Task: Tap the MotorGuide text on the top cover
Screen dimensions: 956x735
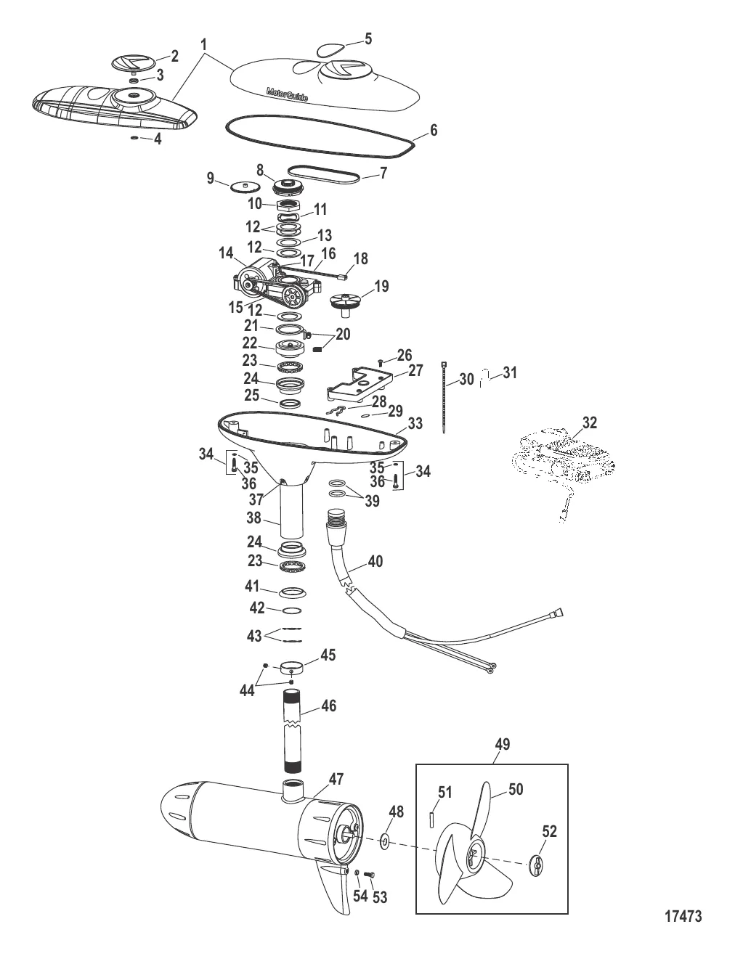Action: pyautogui.click(x=287, y=94)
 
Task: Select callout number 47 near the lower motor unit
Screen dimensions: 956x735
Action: pyautogui.click(x=336, y=779)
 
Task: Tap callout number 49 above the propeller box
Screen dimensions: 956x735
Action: pyautogui.click(x=502, y=744)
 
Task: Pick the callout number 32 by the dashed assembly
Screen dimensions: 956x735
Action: pyautogui.click(x=589, y=422)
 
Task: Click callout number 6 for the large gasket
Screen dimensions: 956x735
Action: pyautogui.click(x=434, y=131)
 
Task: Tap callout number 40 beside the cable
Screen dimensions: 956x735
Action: pyautogui.click(x=375, y=561)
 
